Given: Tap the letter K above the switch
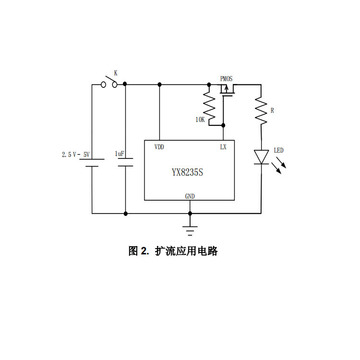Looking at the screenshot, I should (116, 73).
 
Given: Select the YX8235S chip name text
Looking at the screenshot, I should (190, 171).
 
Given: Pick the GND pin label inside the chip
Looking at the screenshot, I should (190, 196).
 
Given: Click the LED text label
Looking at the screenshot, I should (278, 151).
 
